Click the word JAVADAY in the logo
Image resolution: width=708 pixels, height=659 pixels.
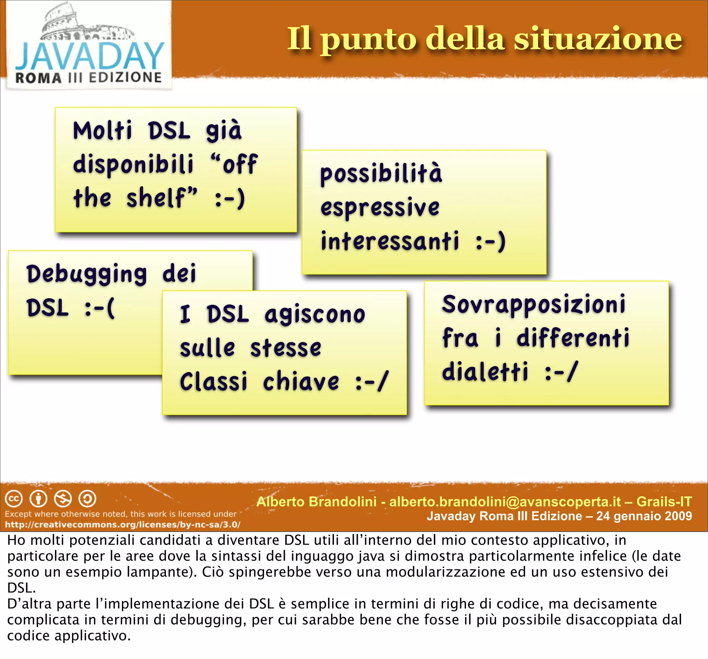90,56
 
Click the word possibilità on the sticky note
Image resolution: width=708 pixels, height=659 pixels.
381,174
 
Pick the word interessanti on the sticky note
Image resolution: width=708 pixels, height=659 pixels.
390,241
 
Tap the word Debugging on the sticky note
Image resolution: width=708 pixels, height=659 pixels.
86,274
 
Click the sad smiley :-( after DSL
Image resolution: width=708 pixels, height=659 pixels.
100,308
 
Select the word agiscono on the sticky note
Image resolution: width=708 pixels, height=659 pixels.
315,315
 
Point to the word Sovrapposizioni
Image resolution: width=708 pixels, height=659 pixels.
533,305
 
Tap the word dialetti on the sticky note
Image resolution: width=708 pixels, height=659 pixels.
485,372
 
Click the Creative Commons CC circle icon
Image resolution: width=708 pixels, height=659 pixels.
14,499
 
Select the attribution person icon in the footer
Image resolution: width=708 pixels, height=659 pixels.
38,499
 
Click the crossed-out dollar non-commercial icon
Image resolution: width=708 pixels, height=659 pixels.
63,499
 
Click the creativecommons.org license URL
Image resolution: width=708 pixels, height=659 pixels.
122,525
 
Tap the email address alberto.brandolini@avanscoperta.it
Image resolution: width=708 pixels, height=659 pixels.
505,502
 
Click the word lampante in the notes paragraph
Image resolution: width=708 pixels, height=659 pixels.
164,572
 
